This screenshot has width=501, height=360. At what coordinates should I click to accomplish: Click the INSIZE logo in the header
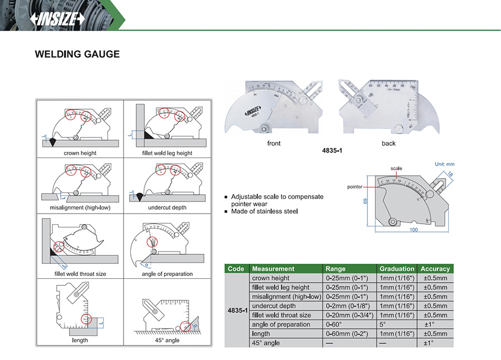click(x=59, y=18)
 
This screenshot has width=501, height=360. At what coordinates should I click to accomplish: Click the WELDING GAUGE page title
click(x=77, y=55)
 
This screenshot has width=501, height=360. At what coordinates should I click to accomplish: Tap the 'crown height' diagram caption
click(x=80, y=153)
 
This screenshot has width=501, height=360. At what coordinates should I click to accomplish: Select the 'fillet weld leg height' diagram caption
click(x=166, y=153)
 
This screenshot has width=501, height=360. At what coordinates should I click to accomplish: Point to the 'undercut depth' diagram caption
click(x=167, y=208)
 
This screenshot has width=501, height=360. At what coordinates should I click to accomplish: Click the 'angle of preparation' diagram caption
click(x=167, y=274)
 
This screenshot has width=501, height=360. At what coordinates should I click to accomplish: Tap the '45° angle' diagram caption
click(x=167, y=340)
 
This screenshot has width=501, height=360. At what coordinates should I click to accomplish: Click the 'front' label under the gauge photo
click(x=274, y=144)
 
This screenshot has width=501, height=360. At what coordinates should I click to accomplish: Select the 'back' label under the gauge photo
click(x=389, y=144)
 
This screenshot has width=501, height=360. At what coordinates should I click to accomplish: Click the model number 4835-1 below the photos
click(x=332, y=150)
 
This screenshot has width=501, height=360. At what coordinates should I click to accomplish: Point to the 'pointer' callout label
click(x=355, y=187)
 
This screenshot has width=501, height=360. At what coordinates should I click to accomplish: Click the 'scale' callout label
click(x=396, y=168)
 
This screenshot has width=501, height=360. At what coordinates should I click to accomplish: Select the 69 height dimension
click(x=366, y=201)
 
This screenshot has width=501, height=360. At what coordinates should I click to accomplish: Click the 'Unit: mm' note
click(x=444, y=164)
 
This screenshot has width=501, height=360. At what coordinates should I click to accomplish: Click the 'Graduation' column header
click(x=397, y=269)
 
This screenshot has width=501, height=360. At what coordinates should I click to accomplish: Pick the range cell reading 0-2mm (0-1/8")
click(x=348, y=306)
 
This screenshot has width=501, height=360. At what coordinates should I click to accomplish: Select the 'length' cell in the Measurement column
click(x=261, y=334)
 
